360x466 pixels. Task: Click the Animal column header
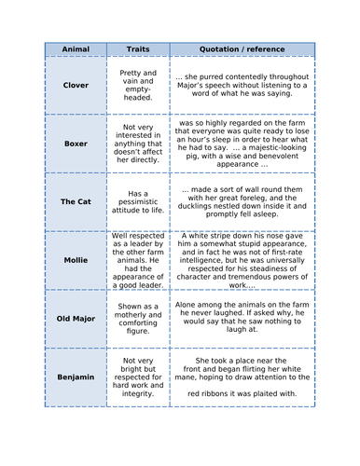click(x=75, y=48)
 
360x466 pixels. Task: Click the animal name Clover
click(x=75, y=84)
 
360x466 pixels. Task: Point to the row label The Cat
click(x=75, y=200)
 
